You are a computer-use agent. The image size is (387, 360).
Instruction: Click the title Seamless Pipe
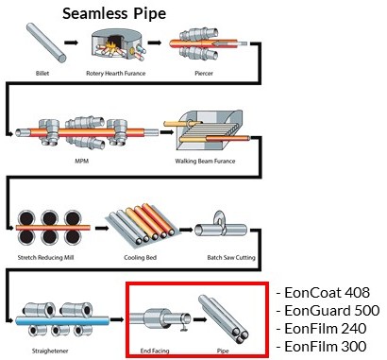click(114, 13)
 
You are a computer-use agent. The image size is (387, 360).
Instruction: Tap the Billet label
click(42, 74)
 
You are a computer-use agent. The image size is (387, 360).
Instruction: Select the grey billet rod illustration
click(46, 43)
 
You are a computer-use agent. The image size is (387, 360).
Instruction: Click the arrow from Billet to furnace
click(72, 43)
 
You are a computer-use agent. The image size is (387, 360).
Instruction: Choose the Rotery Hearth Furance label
click(116, 74)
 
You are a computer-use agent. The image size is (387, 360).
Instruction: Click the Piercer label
click(204, 74)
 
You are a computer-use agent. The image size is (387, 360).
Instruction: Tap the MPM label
click(82, 161)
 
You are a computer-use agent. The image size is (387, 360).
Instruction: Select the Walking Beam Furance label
click(205, 161)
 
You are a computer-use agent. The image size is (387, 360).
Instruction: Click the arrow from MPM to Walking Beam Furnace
click(166, 132)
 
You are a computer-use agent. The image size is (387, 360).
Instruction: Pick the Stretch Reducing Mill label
click(45, 257)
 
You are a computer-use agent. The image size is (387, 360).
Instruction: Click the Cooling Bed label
click(140, 257)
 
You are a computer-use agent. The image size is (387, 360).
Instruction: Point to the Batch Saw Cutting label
click(231, 257)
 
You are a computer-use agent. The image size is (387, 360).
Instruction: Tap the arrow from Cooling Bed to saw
click(186, 230)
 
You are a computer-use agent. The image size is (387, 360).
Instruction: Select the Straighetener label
click(50, 351)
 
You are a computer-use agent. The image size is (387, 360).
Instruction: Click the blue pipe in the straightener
click(62, 320)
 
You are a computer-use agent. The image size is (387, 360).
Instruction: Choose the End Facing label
click(155, 351)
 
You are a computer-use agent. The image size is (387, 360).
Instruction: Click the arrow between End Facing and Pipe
click(200, 319)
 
